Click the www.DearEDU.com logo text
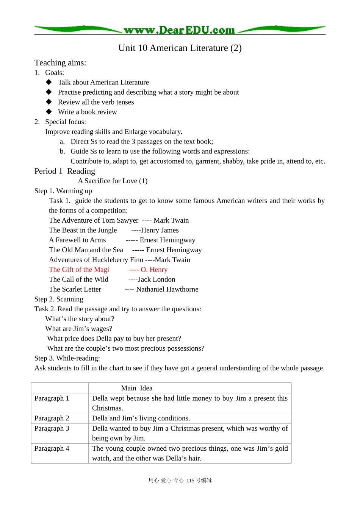(x=179, y=30)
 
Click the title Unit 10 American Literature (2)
(x=180, y=48)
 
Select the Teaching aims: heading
(x=60, y=63)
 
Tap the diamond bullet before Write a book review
(x=49, y=112)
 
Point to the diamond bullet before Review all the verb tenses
(x=49, y=102)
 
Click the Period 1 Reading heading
(x=65, y=171)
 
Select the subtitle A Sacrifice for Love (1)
(x=113, y=181)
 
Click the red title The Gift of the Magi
(x=79, y=270)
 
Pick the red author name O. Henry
(x=154, y=270)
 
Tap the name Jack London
(x=157, y=279)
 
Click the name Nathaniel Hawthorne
(x=167, y=289)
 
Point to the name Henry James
(x=160, y=230)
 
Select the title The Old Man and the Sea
(x=86, y=250)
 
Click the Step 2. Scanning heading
(x=59, y=299)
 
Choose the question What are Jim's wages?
(x=78, y=329)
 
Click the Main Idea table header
(x=136, y=388)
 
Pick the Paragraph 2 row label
(x=52, y=418)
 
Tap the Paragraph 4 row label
(x=52, y=448)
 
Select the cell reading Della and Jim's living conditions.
(x=141, y=418)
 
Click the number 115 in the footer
(x=190, y=481)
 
